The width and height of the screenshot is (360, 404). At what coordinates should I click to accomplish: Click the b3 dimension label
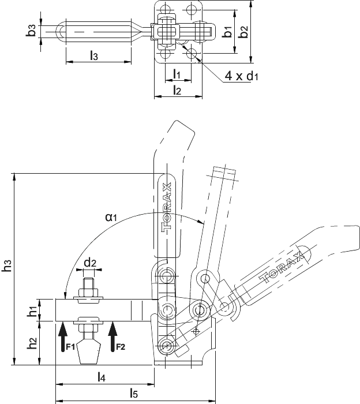[x=31, y=31]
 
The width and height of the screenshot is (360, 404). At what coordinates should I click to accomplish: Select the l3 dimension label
[x=94, y=55]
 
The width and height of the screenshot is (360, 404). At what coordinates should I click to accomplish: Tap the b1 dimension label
[x=227, y=31]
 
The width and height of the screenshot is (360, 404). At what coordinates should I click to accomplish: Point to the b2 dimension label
[x=243, y=31]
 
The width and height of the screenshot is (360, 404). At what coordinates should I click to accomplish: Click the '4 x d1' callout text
[x=241, y=76]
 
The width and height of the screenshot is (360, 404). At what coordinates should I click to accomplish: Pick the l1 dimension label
[x=177, y=74]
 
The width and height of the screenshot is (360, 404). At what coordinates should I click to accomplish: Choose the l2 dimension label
[x=177, y=90]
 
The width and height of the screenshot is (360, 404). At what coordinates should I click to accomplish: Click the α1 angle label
[x=111, y=218]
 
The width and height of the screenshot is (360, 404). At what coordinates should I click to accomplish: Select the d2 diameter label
[x=91, y=263]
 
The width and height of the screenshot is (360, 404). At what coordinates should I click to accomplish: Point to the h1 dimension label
[x=32, y=311]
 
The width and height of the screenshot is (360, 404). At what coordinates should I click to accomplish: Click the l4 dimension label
[x=102, y=377]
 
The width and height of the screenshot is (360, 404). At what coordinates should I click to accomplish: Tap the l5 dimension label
[x=134, y=394]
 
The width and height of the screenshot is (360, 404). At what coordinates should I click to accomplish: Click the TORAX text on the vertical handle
[x=166, y=208]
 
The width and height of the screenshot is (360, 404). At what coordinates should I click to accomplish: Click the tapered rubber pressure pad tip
[x=89, y=352]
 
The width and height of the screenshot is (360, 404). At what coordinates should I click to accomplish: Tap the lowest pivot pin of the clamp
[x=166, y=345]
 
